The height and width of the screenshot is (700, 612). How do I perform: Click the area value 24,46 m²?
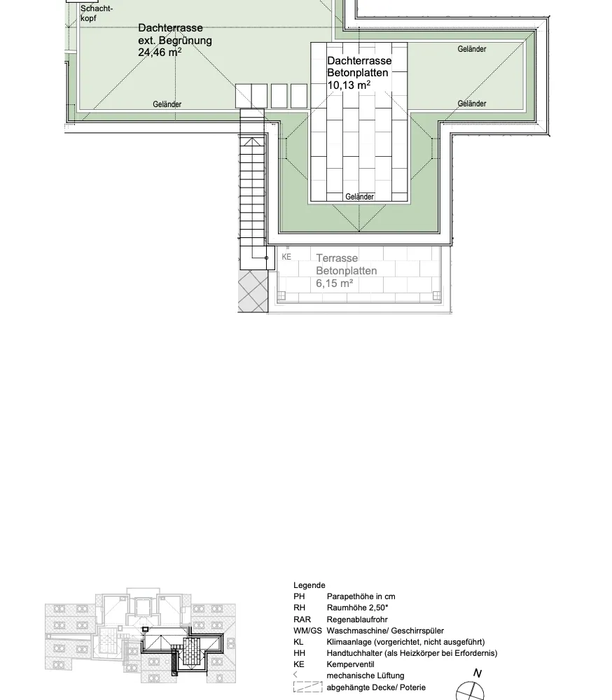tap(160, 52)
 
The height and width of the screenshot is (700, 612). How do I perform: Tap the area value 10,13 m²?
tap(349, 85)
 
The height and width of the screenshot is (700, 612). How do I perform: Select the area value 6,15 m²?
tap(335, 283)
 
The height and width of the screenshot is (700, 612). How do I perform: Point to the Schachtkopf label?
tap(97, 13)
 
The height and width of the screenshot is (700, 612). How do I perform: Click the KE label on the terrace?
tap(286, 257)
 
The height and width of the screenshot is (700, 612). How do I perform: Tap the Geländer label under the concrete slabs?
tap(360, 197)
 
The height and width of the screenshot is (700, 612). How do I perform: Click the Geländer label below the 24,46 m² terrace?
tap(167, 104)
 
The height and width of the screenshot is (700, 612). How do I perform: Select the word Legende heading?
tap(309, 585)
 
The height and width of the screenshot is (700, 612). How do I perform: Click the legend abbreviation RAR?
tap(302, 619)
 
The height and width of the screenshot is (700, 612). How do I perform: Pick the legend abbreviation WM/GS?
tap(307, 631)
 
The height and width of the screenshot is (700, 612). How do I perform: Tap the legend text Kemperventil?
tap(350, 664)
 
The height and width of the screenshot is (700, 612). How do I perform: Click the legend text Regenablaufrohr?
tap(357, 619)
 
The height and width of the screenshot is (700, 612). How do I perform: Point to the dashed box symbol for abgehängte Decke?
tap(308, 687)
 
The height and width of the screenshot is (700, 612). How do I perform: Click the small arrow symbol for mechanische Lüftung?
tap(295, 675)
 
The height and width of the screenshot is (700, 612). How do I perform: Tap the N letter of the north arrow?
tap(477, 673)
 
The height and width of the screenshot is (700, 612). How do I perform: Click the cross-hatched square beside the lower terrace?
tap(253, 291)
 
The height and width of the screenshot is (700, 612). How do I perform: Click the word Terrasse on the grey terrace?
tap(337, 258)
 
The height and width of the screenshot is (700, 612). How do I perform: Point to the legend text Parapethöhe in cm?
tap(361, 596)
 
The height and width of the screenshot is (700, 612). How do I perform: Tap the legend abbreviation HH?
tap(299, 653)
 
